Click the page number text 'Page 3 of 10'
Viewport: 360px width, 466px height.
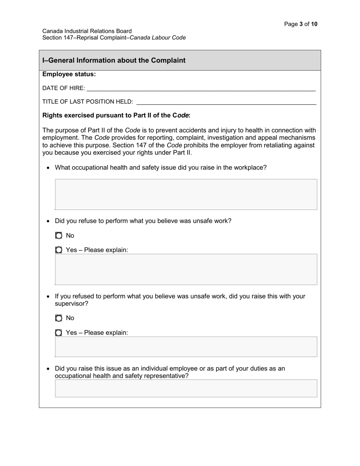tap(301, 24)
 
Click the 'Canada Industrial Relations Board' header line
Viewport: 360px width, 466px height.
tap(87, 31)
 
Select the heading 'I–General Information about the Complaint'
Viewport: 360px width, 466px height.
tap(114, 60)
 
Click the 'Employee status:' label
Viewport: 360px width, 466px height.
tap(69, 74)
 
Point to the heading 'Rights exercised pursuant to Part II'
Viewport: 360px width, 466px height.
tap(116, 115)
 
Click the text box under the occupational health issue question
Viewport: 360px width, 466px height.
tap(186, 194)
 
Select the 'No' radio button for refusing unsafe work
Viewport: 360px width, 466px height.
tap(59, 236)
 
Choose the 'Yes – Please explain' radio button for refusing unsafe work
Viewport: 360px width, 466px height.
tap(59, 250)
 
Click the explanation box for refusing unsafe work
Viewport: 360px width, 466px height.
tap(186, 269)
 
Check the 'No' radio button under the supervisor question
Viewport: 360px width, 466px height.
tap(59, 318)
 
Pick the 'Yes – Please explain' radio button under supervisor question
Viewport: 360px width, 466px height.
tap(59, 333)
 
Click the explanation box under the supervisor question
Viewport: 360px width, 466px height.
tap(186, 347)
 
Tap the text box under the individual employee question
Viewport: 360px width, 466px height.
tap(186, 388)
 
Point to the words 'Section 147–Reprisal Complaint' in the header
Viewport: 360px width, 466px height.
tap(84, 38)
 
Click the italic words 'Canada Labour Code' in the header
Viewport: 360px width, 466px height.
tap(158, 38)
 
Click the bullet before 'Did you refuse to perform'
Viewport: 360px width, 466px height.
tap(48, 221)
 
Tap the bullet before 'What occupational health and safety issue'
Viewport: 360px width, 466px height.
tap(48, 168)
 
